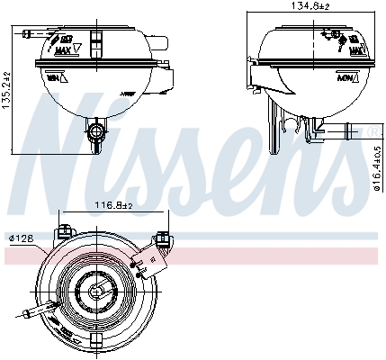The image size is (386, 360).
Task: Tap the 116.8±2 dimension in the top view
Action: coord(114,206)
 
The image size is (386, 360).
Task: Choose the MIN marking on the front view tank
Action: coord(52,78)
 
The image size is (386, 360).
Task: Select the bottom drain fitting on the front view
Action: coord(95,135)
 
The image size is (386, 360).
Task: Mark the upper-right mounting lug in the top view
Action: coord(163,238)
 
